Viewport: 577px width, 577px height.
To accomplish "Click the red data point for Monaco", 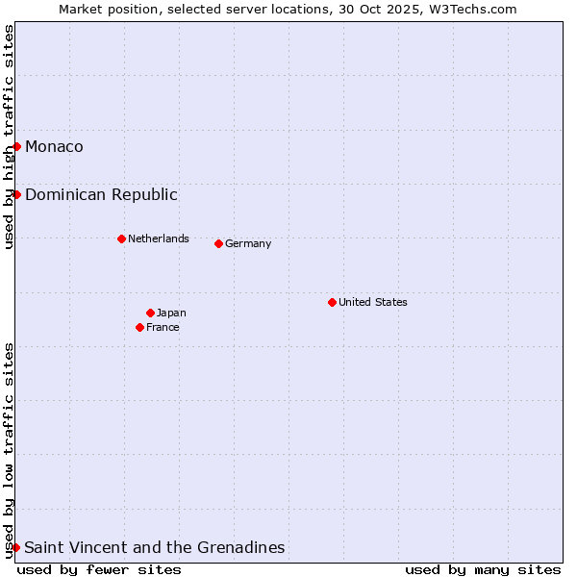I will [16, 146].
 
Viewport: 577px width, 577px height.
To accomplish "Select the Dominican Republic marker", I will [16, 194].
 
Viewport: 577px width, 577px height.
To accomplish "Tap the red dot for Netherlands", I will [121, 238].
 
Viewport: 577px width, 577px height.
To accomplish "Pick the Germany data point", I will [218, 243].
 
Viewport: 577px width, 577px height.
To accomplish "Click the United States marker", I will [332, 302].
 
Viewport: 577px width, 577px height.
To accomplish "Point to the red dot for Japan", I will [150, 313].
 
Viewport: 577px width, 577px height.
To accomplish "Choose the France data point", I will [139, 327].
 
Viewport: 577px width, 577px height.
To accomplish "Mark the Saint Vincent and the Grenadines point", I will [15, 547].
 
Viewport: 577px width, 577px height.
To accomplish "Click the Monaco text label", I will [54, 146].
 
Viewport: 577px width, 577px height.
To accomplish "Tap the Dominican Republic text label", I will [101, 194].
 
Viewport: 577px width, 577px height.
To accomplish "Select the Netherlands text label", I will [159, 238].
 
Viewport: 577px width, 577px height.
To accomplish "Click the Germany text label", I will [248, 243].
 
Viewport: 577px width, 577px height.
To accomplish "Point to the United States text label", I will [373, 302].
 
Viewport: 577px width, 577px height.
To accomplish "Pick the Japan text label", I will [171, 313].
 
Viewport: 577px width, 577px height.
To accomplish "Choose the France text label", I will [163, 327].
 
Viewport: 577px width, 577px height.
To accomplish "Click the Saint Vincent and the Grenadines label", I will [155, 547].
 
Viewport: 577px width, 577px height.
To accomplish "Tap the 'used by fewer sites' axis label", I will [99, 569].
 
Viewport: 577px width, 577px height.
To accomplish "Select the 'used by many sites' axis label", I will [483, 569].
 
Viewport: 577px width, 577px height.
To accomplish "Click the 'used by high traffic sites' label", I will [10, 137].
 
